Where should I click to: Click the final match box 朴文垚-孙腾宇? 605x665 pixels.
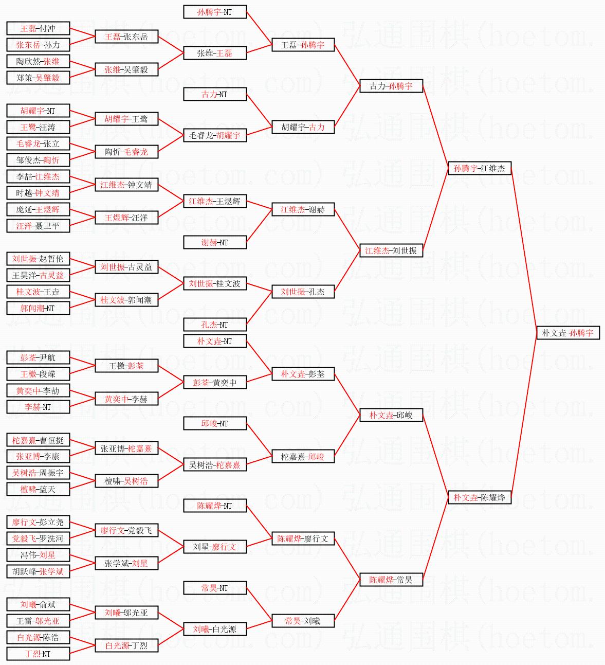567,333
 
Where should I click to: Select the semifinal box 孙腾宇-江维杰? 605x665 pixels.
479,168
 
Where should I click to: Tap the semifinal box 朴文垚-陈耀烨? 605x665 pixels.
479,497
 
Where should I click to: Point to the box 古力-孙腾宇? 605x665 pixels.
391,86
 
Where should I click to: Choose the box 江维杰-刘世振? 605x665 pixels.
391,250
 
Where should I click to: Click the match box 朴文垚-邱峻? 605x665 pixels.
391,415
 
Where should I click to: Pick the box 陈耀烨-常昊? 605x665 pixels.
391,580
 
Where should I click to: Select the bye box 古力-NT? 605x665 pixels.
215,94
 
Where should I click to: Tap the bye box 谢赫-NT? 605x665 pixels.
215,242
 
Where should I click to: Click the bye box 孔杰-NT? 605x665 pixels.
215,325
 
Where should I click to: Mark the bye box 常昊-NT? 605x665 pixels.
215,588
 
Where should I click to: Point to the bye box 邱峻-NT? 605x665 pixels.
215,423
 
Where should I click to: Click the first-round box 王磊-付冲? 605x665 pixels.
38,28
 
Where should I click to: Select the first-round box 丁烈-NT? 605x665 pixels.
38,654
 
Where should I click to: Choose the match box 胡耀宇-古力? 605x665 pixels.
303,127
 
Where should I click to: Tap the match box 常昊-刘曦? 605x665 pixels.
303,621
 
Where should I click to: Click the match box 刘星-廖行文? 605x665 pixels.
215,547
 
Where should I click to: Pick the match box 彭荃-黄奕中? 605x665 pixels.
215,382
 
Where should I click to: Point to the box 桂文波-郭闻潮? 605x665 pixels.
126,300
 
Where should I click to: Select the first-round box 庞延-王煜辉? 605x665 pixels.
38,209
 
